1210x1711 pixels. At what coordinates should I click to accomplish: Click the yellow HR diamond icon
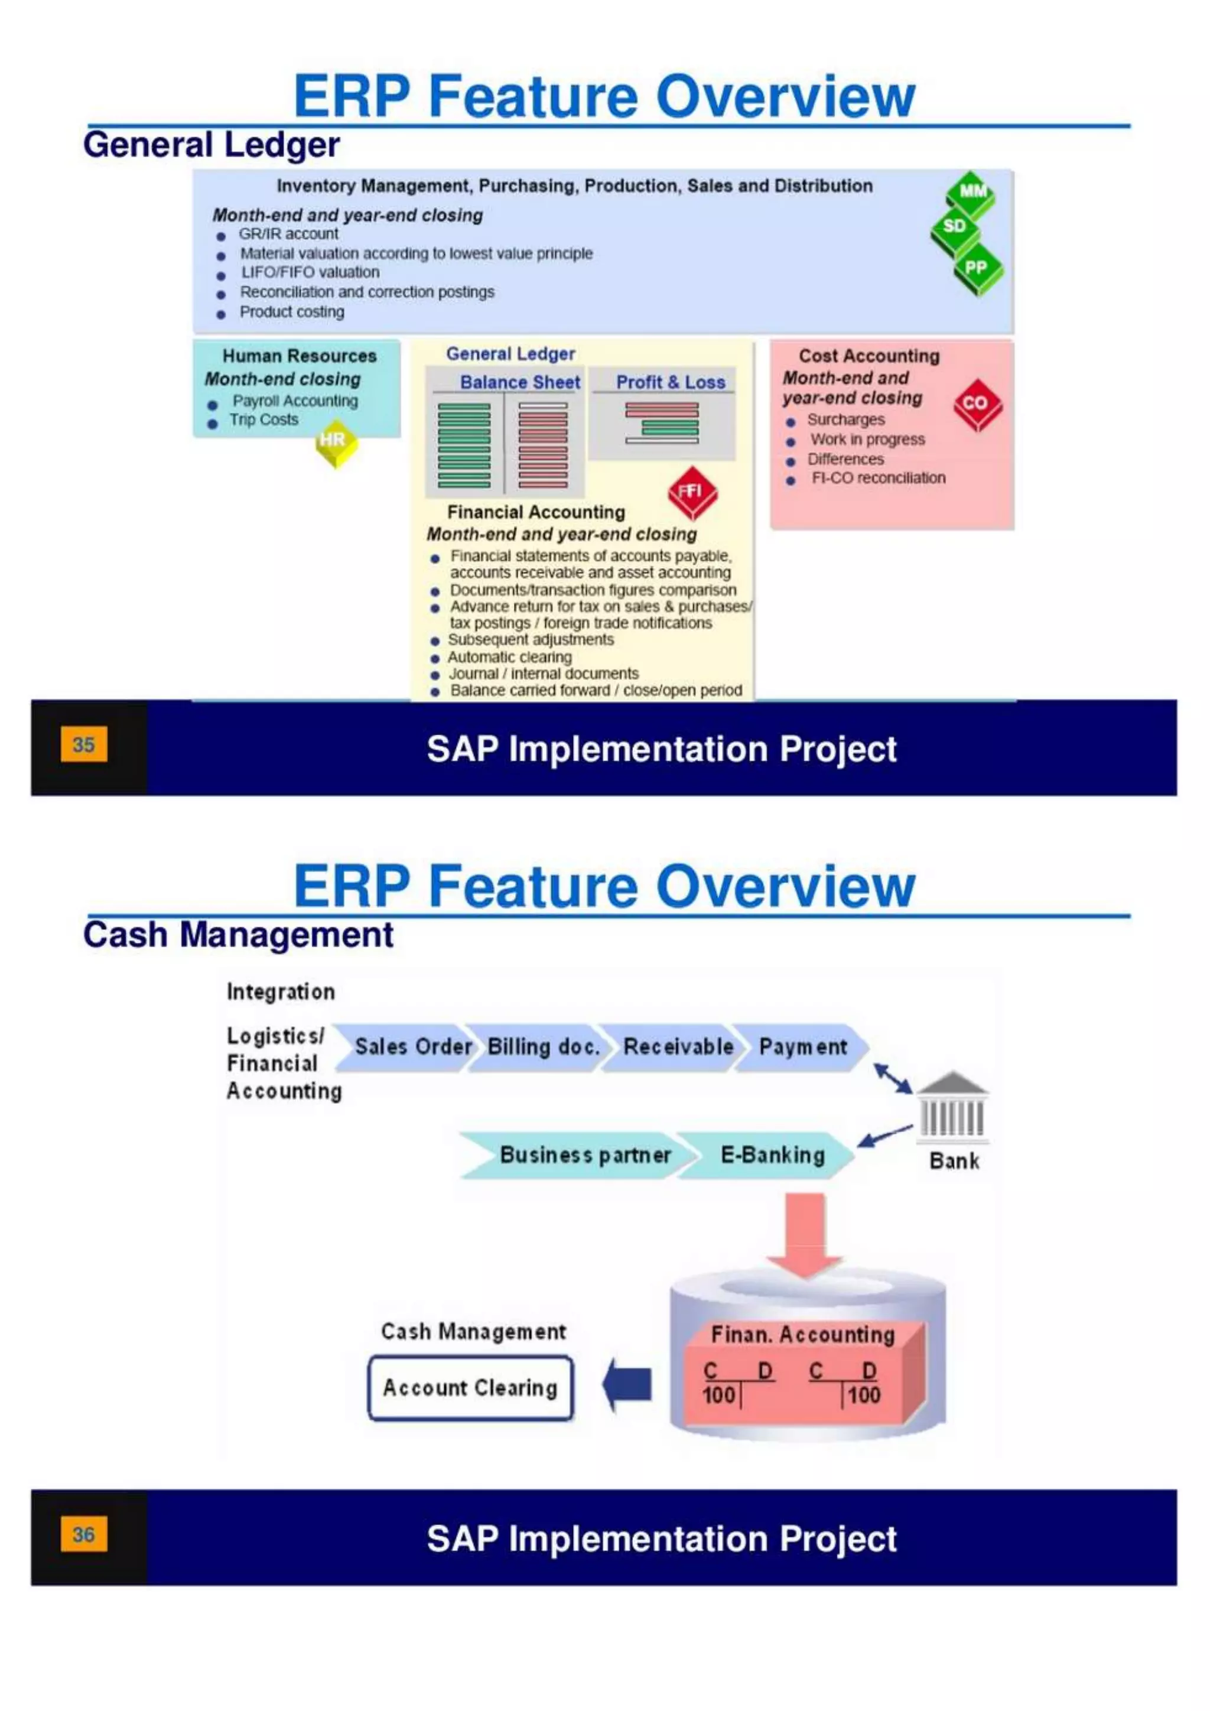tap(335, 443)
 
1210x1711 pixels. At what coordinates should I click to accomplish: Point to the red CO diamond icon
tap(977, 405)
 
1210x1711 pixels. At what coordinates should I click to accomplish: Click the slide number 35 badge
tap(83, 744)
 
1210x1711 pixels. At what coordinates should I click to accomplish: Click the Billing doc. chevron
tap(542, 1047)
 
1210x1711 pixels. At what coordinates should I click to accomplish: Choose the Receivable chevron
tap(676, 1047)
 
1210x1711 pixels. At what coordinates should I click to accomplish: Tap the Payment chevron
tap(802, 1047)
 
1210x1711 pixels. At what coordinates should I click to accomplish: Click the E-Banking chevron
tap(771, 1155)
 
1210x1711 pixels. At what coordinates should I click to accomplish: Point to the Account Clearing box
tap(470, 1388)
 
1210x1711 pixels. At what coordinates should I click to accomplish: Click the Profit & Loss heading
tap(670, 382)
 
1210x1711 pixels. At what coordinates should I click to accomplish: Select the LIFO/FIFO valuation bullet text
tap(310, 272)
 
